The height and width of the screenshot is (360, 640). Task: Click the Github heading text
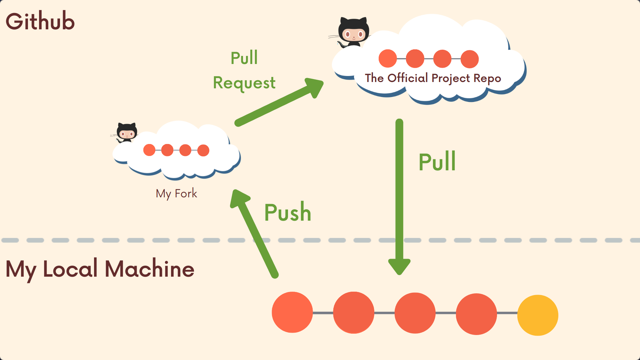[x=40, y=21]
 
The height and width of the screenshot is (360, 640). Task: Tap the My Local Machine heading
[x=100, y=269]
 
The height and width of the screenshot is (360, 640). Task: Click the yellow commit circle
[x=538, y=315]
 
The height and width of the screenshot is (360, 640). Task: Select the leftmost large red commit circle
[x=292, y=312]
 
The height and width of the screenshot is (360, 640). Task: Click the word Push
[x=288, y=212]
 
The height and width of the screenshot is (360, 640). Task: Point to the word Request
[x=244, y=83]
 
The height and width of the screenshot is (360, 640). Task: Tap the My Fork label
[x=176, y=193]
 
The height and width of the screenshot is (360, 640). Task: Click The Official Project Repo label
[x=433, y=78]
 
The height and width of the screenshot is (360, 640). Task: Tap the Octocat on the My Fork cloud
[x=127, y=132]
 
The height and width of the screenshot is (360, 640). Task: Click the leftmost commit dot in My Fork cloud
[x=149, y=150]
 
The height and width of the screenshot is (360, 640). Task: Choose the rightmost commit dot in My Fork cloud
[x=203, y=150]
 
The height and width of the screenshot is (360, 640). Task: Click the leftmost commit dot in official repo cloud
[x=388, y=59]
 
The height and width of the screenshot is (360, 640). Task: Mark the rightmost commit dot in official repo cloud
[x=470, y=59]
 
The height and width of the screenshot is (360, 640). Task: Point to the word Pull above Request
[x=244, y=58]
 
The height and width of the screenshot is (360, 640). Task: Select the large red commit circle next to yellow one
[x=476, y=314]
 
